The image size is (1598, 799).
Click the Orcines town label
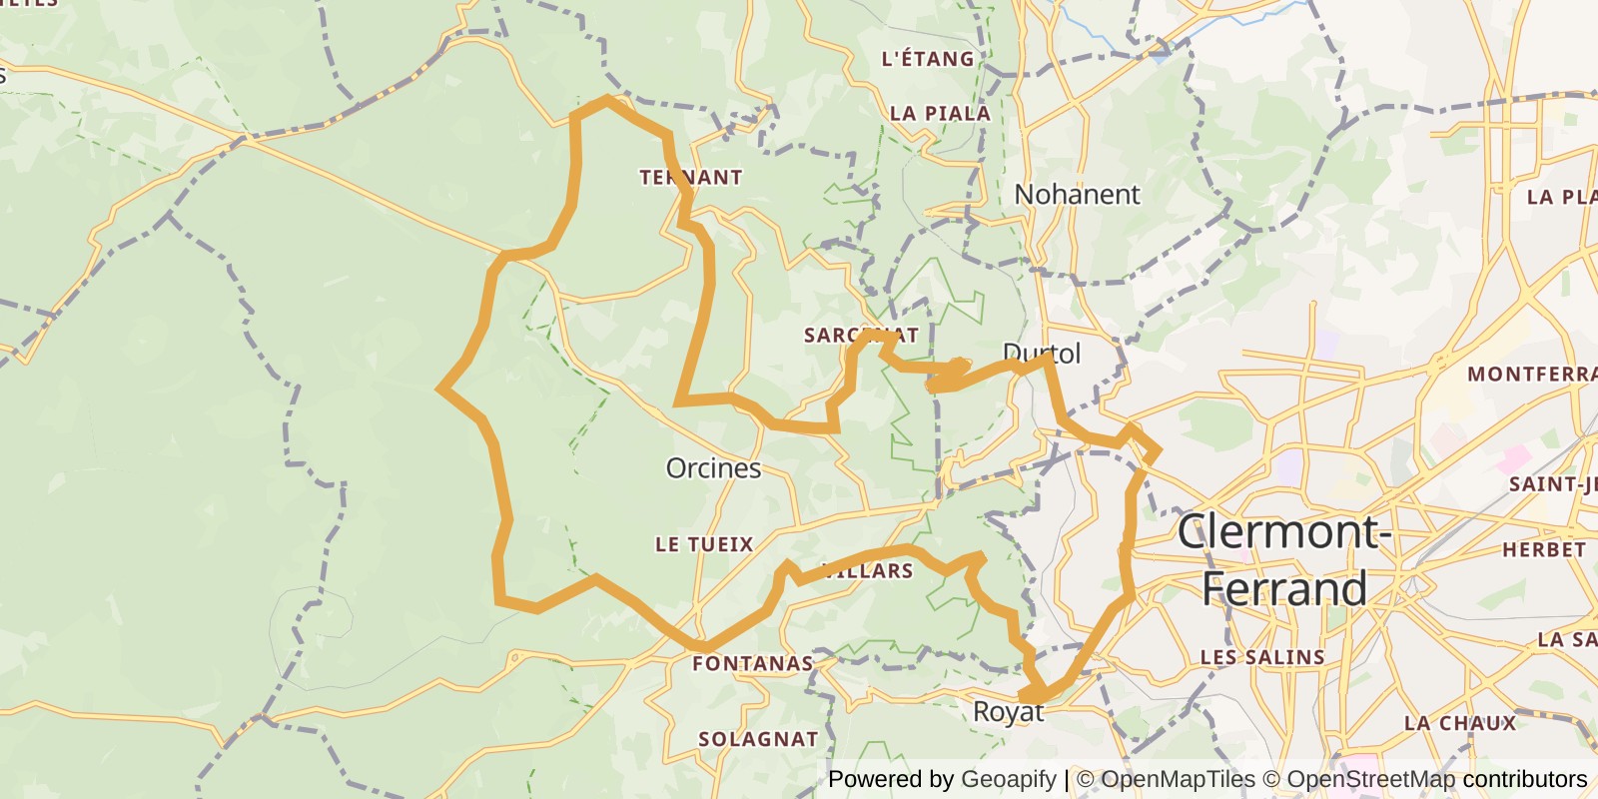pos(713,468)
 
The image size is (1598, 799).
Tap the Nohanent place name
pos(1077,194)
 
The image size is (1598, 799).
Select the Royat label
pos(1008,712)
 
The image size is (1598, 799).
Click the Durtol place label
pos(1042,354)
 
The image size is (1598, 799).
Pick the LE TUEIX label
pos(704,544)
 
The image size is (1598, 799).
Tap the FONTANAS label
pos(753,663)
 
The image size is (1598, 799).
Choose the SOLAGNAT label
pos(758,739)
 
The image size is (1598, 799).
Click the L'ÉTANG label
pos(928,59)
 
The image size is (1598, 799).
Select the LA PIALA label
pos(940,114)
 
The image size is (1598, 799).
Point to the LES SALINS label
pos(1262,657)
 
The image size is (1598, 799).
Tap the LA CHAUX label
pos(1459,723)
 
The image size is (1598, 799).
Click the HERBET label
pos(1544,550)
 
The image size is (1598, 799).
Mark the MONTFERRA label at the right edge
pos(1532,375)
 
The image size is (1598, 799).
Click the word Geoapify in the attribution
pos(1008,779)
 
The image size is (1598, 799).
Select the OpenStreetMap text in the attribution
pos(1370,779)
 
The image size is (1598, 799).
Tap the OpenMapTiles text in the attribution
pos(1178,779)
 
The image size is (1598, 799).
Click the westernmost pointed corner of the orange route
pos(440,389)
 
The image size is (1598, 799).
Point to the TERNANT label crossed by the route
pos(691,178)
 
